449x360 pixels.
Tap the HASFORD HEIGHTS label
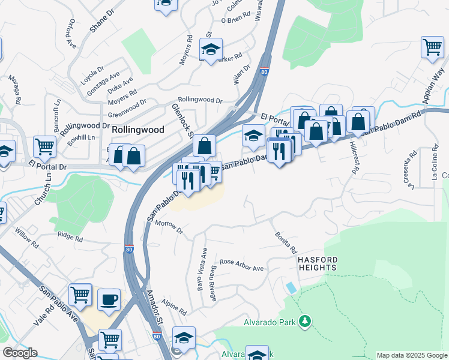tap(318, 263)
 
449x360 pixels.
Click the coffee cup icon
tap(109, 299)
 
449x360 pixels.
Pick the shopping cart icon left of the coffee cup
tap(80, 295)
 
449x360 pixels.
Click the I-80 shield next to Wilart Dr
tap(264, 72)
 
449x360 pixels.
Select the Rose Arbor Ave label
tap(241, 265)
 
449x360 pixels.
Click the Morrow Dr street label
tap(168, 227)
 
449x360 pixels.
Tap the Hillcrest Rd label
tap(354, 160)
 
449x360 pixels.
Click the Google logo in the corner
tap(20, 353)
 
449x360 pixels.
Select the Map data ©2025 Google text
tap(412, 355)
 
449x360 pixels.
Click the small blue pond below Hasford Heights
tap(291, 287)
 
